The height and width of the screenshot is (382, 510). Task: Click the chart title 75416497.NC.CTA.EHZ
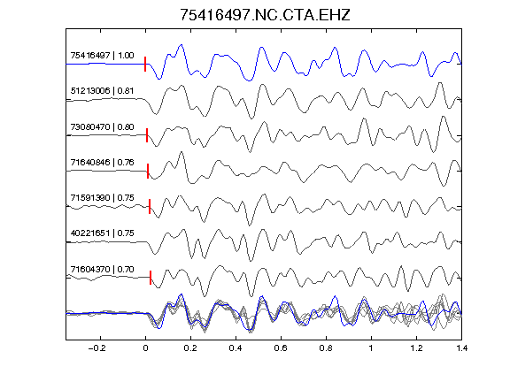(265, 15)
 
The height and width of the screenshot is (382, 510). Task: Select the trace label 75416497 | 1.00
(102, 56)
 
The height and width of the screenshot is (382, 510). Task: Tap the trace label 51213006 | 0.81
(102, 90)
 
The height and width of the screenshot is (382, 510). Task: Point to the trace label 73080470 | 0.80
(102, 126)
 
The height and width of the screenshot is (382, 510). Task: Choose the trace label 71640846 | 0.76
(102, 162)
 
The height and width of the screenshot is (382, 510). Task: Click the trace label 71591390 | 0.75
(102, 198)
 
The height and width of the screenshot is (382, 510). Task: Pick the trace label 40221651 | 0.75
(102, 233)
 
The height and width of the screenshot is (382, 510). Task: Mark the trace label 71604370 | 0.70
(102, 270)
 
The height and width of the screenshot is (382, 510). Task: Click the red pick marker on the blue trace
(145, 64)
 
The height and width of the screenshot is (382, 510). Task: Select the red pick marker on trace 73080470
(147, 135)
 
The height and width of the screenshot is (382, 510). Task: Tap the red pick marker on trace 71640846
(148, 171)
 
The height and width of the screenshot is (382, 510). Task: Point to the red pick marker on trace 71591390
(150, 206)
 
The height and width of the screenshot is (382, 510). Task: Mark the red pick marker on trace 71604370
(151, 278)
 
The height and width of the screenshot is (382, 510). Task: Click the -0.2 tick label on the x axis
(97, 348)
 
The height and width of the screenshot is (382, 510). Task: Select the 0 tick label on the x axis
(145, 348)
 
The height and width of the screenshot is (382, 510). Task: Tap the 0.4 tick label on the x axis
(236, 348)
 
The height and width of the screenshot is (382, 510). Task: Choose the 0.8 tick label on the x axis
(326, 348)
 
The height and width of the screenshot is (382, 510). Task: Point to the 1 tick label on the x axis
(371, 348)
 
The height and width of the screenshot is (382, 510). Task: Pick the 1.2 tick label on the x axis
(416, 348)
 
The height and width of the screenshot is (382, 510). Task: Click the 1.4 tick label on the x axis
(461, 348)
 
